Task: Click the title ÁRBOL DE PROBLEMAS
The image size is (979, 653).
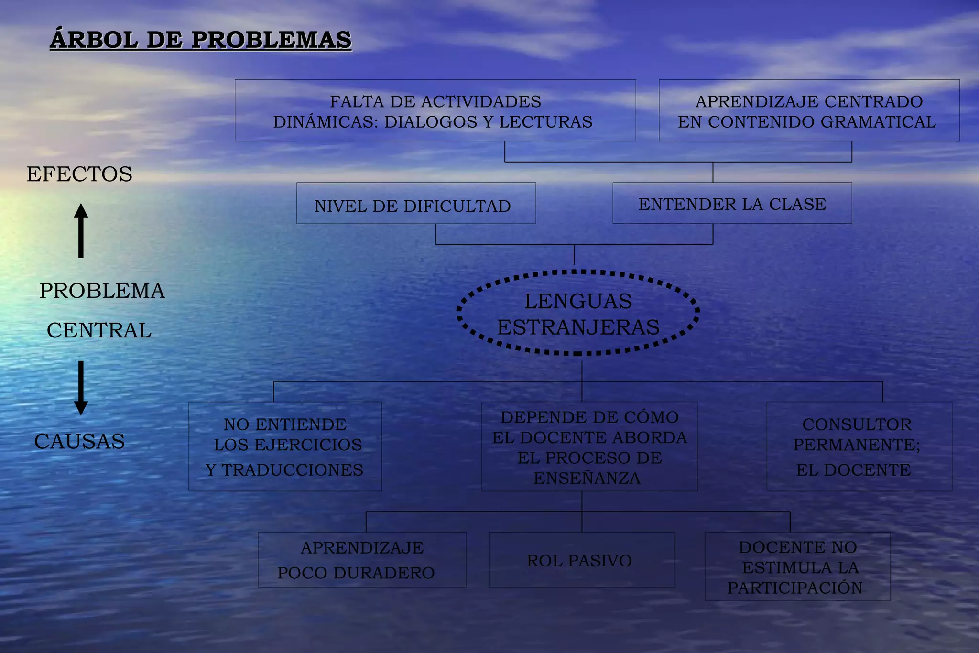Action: (x=200, y=40)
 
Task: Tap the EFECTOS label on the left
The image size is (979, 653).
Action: (x=79, y=174)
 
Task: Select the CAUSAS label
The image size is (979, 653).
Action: (x=79, y=441)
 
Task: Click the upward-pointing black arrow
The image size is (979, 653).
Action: (x=81, y=230)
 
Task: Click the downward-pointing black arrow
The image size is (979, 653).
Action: (x=81, y=388)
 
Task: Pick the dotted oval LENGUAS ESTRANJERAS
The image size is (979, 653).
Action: (x=578, y=314)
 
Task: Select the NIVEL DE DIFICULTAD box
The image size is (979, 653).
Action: (x=415, y=204)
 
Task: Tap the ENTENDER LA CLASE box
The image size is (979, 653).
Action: (x=732, y=204)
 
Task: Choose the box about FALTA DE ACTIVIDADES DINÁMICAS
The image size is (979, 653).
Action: (x=435, y=111)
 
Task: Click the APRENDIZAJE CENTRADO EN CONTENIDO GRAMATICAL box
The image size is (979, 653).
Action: (x=809, y=111)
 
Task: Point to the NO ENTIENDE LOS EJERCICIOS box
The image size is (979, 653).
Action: (x=285, y=446)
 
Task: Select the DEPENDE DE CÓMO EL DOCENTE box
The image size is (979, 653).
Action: (x=589, y=446)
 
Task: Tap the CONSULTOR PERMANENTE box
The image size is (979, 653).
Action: (x=859, y=446)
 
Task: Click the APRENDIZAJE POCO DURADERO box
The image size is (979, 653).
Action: (x=362, y=560)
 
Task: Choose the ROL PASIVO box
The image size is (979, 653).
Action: (x=581, y=560)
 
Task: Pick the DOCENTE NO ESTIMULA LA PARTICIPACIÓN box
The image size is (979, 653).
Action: (x=797, y=566)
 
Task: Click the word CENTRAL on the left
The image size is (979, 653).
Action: (x=99, y=331)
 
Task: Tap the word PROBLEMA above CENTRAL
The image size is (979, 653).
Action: (x=102, y=291)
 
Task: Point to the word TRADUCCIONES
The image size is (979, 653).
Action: (x=292, y=470)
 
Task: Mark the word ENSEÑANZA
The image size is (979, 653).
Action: (x=587, y=478)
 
